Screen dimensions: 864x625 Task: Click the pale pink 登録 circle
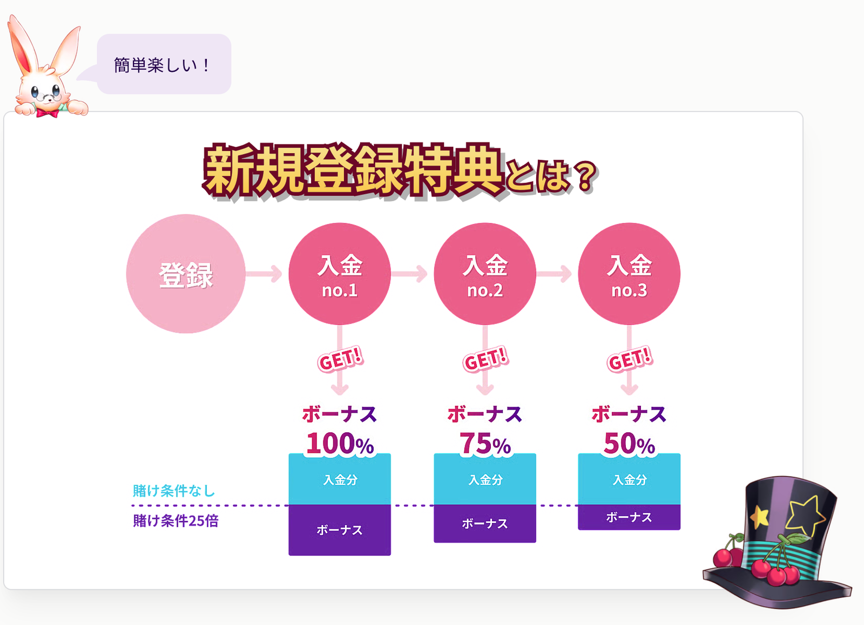pyautogui.click(x=186, y=274)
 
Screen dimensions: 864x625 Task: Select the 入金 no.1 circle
pyautogui.click(x=340, y=274)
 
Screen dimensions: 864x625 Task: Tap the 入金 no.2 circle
pyautogui.click(x=485, y=274)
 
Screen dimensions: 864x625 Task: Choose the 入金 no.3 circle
pyautogui.click(x=629, y=274)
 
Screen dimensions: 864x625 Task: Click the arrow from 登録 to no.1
pyautogui.click(x=264, y=274)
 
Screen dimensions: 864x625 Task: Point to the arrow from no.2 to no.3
pyautogui.click(x=554, y=274)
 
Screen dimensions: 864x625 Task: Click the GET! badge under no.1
pyautogui.click(x=340, y=359)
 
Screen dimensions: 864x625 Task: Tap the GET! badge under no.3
pyautogui.click(x=630, y=359)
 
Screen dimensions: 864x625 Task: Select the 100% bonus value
pyautogui.click(x=340, y=444)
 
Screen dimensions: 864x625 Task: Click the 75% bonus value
pyautogui.click(x=485, y=444)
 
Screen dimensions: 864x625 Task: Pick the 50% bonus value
pyautogui.click(x=629, y=444)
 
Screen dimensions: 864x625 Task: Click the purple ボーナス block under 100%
pyautogui.click(x=340, y=530)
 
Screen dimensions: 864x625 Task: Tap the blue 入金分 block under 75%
pyautogui.click(x=485, y=479)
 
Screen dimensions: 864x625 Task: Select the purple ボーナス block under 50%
pyautogui.click(x=629, y=518)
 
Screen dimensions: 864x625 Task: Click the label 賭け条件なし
pyautogui.click(x=173, y=491)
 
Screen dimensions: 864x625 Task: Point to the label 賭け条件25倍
pyautogui.click(x=176, y=521)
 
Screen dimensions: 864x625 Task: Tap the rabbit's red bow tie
pyautogui.click(x=48, y=113)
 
